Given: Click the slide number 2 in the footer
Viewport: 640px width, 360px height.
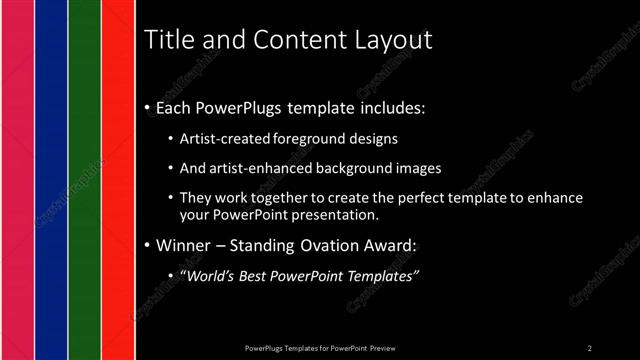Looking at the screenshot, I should pos(589,347).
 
